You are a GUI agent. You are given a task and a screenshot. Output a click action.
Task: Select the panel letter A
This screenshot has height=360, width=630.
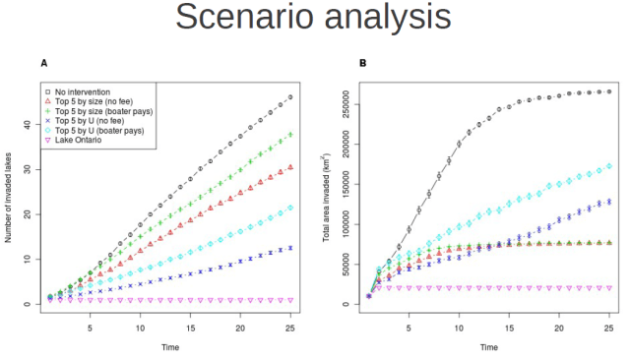tap(43, 63)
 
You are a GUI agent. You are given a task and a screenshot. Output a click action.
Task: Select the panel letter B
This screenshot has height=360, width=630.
tap(363, 63)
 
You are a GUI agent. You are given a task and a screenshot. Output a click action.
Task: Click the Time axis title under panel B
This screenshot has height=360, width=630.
tap(488, 346)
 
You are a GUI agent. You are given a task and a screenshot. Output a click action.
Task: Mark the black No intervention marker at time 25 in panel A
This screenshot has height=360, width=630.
tap(290, 97)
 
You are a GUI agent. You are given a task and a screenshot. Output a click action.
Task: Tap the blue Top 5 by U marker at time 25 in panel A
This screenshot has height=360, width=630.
tap(290, 248)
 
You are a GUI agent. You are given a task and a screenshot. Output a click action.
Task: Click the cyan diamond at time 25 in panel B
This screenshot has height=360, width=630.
tap(609, 166)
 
